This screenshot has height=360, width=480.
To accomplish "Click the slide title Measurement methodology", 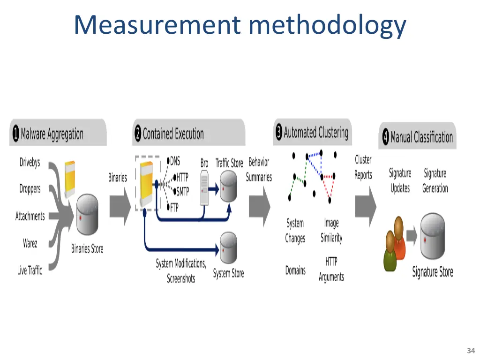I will pyautogui.click(x=240, y=25).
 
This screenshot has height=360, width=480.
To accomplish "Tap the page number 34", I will pyautogui.click(x=471, y=351).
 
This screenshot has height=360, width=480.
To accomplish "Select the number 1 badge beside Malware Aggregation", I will pyautogui.click(x=15, y=135).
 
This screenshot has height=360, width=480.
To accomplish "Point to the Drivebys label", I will pyautogui.click(x=30, y=163).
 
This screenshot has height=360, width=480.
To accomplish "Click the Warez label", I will pyautogui.click(x=30, y=243).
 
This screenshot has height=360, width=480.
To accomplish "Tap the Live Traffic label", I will pyautogui.click(x=30, y=270).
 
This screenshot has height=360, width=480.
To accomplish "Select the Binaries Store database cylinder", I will pyautogui.click(x=87, y=215).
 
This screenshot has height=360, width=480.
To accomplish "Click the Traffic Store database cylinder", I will pyautogui.click(x=228, y=186).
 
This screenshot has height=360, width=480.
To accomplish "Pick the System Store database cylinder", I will pyautogui.click(x=228, y=248).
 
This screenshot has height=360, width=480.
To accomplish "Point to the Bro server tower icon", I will pyautogui.click(x=204, y=187).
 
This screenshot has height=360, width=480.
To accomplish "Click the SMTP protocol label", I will pyautogui.click(x=182, y=191).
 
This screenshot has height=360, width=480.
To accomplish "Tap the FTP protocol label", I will pyautogui.click(x=174, y=208).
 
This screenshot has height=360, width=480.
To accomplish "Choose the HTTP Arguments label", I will pyautogui.click(x=331, y=269).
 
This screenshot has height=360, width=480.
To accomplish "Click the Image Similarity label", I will pyautogui.click(x=331, y=231).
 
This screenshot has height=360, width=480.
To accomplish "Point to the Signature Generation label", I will pyautogui.click(x=435, y=181).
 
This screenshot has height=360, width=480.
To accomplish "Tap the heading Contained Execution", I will pyautogui.click(x=173, y=134).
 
